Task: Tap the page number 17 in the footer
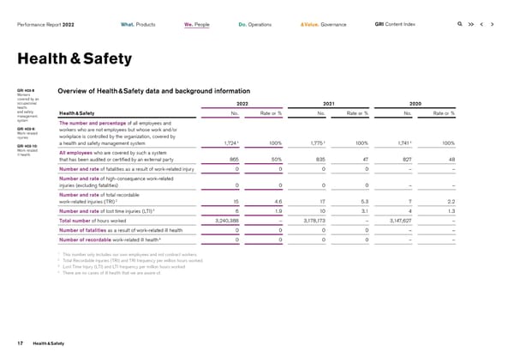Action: [18, 344]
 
